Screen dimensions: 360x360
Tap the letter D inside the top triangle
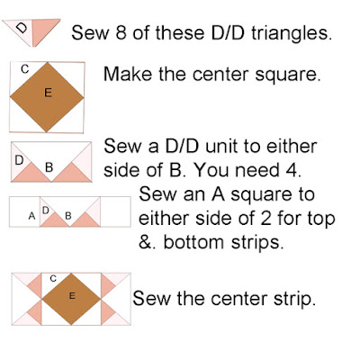[21, 28]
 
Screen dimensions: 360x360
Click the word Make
[128, 74]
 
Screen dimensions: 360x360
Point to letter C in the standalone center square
[25, 69]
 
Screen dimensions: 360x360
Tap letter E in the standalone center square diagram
[48, 93]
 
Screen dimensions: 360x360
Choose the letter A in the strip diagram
[31, 215]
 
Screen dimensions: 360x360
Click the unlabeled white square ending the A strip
[115, 211]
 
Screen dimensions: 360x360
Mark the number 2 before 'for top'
[266, 218]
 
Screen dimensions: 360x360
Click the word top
[320, 220]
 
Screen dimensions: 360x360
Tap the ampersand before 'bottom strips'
[147, 242]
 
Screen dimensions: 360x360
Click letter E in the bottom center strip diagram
[72, 296]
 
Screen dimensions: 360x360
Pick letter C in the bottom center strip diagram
[53, 279]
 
